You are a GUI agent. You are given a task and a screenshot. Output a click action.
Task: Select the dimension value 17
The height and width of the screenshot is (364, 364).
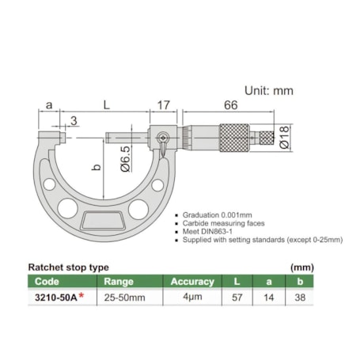164,104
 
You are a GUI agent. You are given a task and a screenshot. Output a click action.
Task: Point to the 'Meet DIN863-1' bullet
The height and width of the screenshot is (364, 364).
212,233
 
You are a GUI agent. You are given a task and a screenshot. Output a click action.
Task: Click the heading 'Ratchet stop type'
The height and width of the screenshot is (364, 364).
68,267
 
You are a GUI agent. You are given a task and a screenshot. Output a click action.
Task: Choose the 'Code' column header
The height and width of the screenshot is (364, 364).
47,281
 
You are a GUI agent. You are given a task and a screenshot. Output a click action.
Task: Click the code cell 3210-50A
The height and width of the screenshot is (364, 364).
58,297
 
